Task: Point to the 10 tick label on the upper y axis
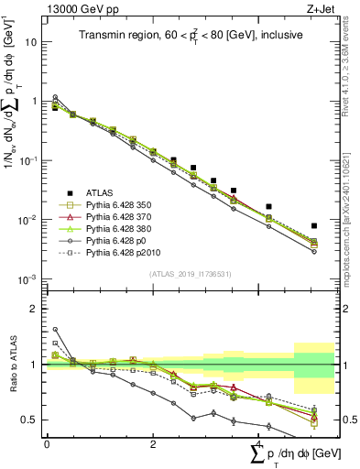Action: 31,42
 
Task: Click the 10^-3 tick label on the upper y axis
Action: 29,279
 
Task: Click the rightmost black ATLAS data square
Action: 314,225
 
